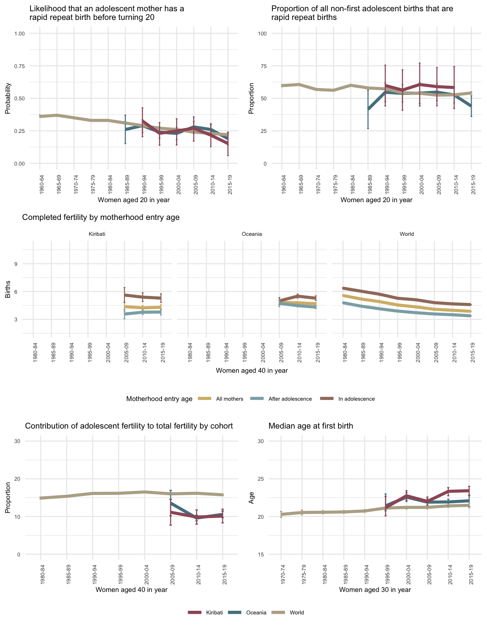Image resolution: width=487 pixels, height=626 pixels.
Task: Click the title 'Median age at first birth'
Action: pyautogui.click(x=311, y=426)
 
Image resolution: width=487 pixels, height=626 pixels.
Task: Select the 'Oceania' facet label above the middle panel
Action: pyautogui.click(x=251, y=234)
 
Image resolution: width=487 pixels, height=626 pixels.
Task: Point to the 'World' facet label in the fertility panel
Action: pyautogui.click(x=407, y=234)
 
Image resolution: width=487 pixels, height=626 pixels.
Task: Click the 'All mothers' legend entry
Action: pyautogui.click(x=229, y=399)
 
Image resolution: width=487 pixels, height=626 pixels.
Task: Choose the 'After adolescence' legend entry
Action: pyautogui.click(x=290, y=399)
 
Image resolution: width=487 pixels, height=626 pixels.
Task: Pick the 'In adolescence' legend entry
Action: pyautogui.click(x=356, y=399)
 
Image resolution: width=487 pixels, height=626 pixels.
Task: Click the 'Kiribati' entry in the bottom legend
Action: pyautogui.click(x=214, y=613)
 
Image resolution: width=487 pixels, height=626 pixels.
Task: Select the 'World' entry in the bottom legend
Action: pyautogui.click(x=297, y=613)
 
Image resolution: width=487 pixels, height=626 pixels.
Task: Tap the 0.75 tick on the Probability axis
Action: pyautogui.click(x=20, y=66)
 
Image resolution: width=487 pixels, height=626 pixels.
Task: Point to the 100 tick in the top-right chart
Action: pyautogui.click(x=262, y=34)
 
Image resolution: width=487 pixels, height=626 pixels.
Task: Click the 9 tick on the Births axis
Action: pyautogui.click(x=16, y=264)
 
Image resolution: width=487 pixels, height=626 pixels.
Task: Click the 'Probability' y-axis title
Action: pyautogui.click(x=8, y=99)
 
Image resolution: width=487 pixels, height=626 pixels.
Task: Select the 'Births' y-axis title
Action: pyautogui.click(x=8, y=290)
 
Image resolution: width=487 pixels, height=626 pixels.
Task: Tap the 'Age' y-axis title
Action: pyautogui.click(x=251, y=500)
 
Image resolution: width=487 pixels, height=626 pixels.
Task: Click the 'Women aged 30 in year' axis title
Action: pyautogui.click(x=375, y=589)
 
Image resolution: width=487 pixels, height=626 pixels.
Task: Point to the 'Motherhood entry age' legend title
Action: pyautogui.click(x=159, y=399)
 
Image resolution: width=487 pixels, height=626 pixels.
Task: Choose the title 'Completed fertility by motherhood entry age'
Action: pyautogui.click(x=101, y=217)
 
